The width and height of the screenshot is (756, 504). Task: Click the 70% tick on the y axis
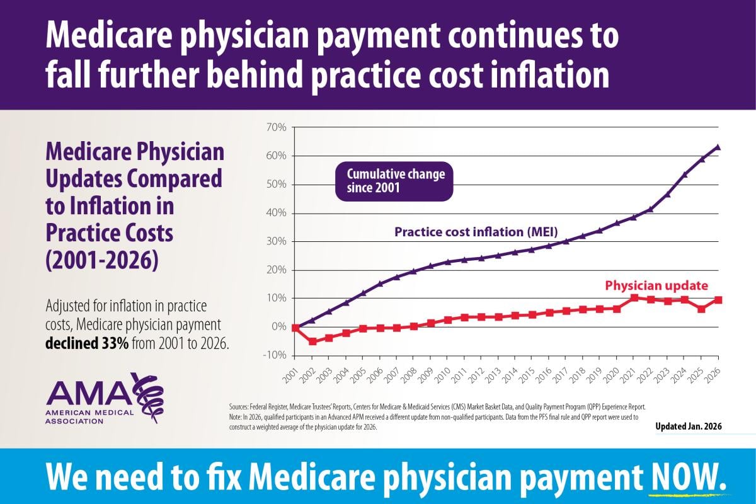276,127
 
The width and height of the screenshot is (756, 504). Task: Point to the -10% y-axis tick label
275,355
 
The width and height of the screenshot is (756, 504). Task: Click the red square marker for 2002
312,341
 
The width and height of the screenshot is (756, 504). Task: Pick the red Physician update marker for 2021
634,297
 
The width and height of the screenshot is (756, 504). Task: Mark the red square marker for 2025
701,309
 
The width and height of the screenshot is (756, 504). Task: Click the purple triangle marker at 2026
718,147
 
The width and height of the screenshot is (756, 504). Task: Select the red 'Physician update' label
656,285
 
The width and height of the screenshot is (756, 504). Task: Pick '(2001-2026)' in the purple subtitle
101,260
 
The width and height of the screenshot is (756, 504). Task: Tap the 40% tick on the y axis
276,213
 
